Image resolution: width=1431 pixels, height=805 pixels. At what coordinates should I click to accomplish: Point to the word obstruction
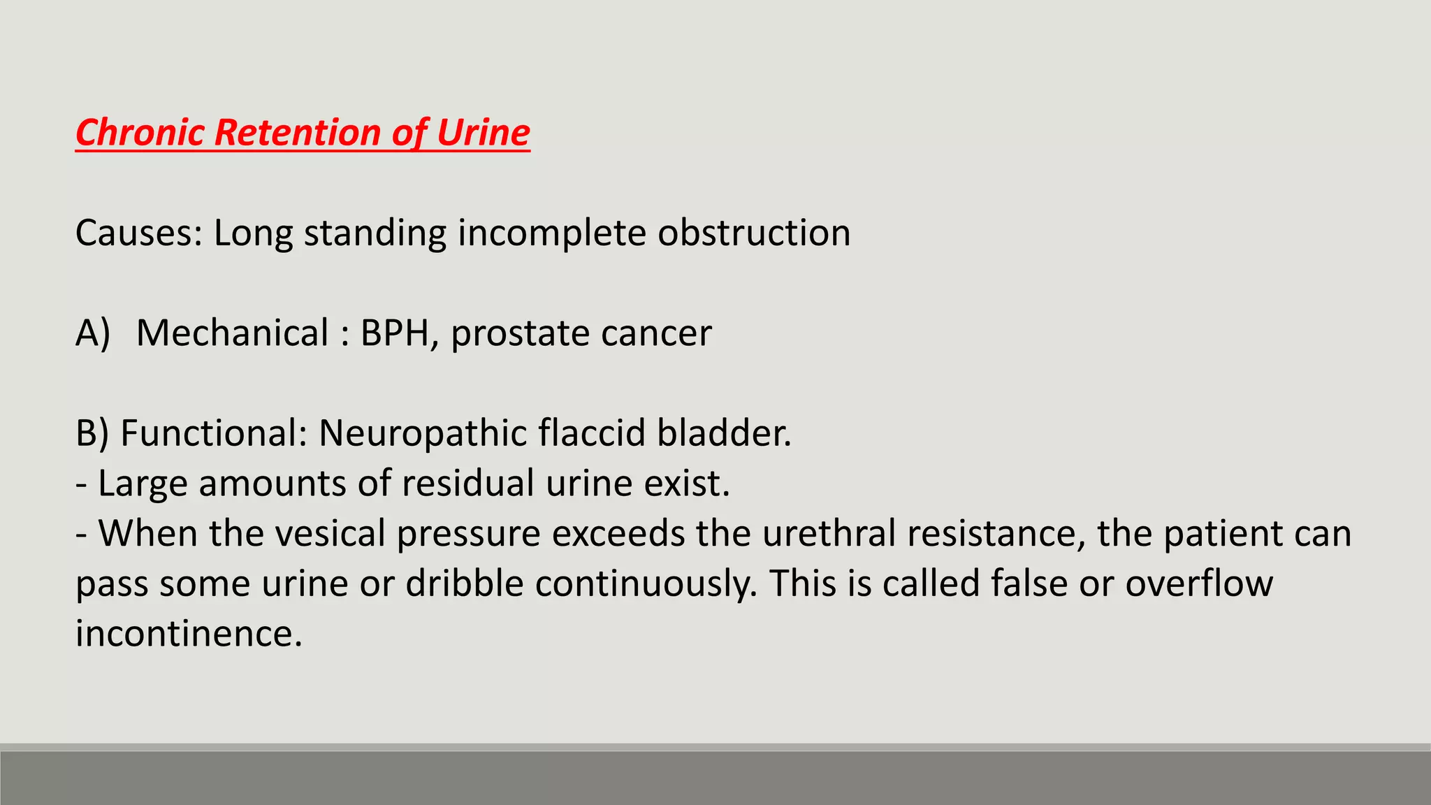754,233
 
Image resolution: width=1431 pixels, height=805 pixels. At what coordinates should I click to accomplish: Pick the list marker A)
93,333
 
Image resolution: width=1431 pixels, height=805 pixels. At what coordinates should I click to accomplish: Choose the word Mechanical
232,333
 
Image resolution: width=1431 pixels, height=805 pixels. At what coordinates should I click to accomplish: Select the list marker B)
92,433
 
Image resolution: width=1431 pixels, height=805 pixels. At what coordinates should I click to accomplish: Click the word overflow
1199,584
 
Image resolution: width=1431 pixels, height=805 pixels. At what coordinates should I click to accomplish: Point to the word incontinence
189,634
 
